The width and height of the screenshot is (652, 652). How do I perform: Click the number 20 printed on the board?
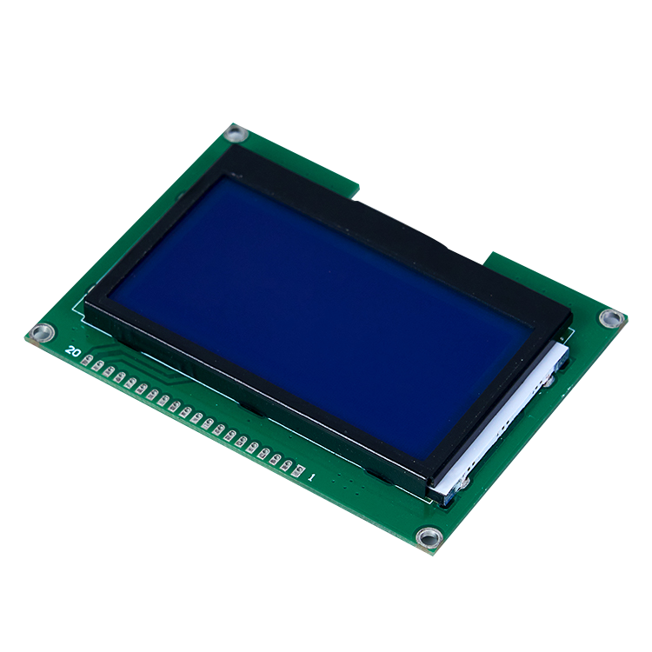73,351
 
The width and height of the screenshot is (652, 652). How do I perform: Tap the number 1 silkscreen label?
310,477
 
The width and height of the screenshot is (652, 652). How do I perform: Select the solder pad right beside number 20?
86,360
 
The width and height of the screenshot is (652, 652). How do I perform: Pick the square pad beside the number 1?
298,470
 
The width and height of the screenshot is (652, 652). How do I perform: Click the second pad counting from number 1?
287,465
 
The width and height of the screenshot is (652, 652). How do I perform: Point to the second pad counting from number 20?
97,366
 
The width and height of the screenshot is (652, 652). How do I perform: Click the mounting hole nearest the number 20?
43,333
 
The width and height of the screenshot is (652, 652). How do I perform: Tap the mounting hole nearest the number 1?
429,537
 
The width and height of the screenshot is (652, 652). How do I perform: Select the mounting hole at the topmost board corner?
236,134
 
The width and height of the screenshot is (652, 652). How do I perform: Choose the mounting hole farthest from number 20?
612,318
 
